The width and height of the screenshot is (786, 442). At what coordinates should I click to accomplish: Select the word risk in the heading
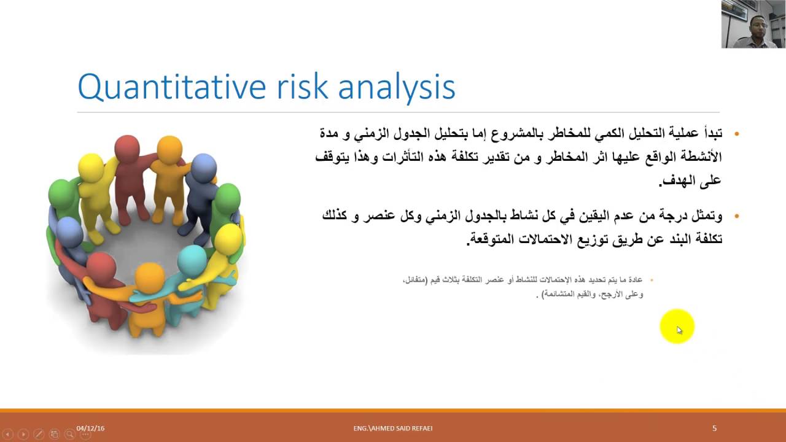(x=303, y=86)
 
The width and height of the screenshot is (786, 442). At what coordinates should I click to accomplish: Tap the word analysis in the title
(x=397, y=88)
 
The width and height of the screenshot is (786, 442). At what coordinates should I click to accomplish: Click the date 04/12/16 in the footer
(x=90, y=428)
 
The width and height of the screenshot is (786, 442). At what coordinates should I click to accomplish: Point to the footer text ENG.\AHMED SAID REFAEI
(x=393, y=428)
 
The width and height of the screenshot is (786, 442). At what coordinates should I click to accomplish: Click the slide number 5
(x=714, y=428)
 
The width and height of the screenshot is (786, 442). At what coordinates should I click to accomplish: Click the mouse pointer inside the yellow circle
(x=679, y=330)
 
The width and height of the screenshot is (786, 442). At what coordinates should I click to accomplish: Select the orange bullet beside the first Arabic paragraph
(x=736, y=134)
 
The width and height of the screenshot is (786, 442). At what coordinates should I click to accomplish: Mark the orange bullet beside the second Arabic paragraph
(x=736, y=216)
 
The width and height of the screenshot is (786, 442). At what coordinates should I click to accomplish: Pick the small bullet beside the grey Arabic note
(x=652, y=280)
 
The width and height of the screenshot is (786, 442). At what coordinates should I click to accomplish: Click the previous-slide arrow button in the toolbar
(x=8, y=434)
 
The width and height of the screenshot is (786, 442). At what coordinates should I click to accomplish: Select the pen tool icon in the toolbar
(x=39, y=434)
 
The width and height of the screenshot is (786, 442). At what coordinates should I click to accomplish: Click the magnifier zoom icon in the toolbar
(x=69, y=434)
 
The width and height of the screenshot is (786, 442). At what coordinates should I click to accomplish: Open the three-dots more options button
(x=85, y=434)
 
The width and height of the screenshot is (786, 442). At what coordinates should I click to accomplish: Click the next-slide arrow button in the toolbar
(x=23, y=434)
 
